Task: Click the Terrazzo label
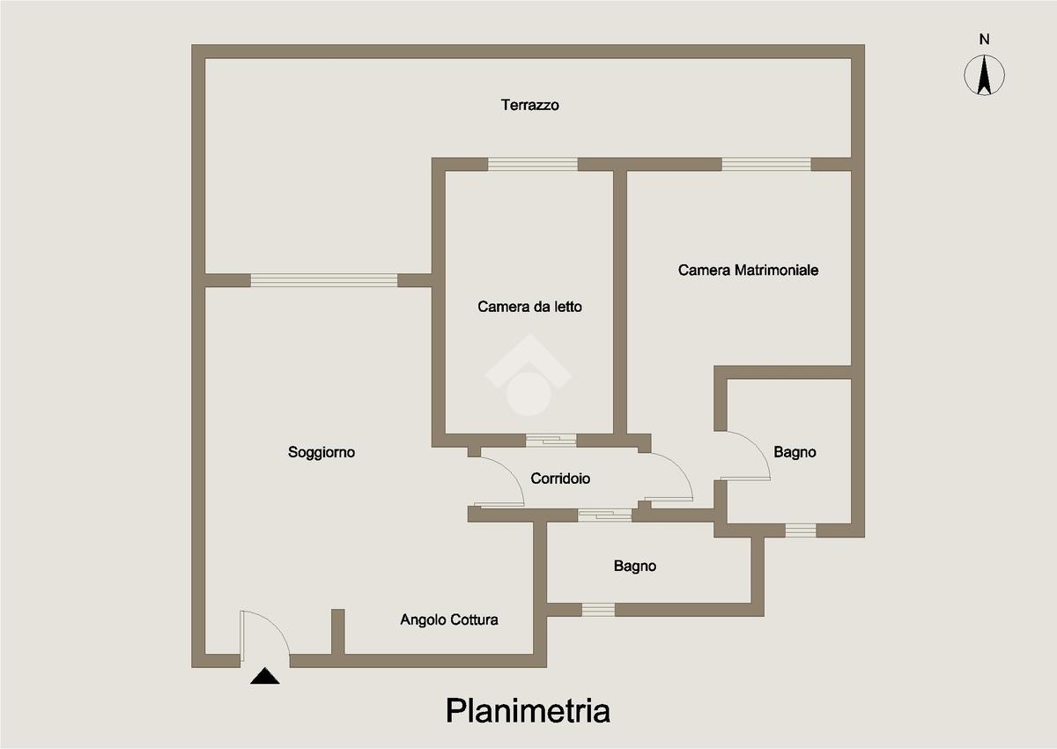pos(530,105)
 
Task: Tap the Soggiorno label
pos(322,452)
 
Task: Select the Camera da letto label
pos(530,307)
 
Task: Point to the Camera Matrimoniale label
pos(748,270)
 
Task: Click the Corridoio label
pos(560,478)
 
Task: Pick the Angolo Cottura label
pos(449,619)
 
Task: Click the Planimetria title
pos(528,710)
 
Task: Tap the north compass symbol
pos(985,75)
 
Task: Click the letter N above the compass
pos(985,39)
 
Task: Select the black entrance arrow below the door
pos(264,676)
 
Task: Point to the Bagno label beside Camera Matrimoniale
pos(795,452)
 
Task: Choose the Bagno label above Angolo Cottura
pos(635,566)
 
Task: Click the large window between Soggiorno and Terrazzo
pos(324,280)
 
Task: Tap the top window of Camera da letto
pos(533,164)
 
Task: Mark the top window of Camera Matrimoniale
pos(766,164)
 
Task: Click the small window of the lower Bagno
pos(598,609)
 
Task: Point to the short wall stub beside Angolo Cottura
pos(337,631)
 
